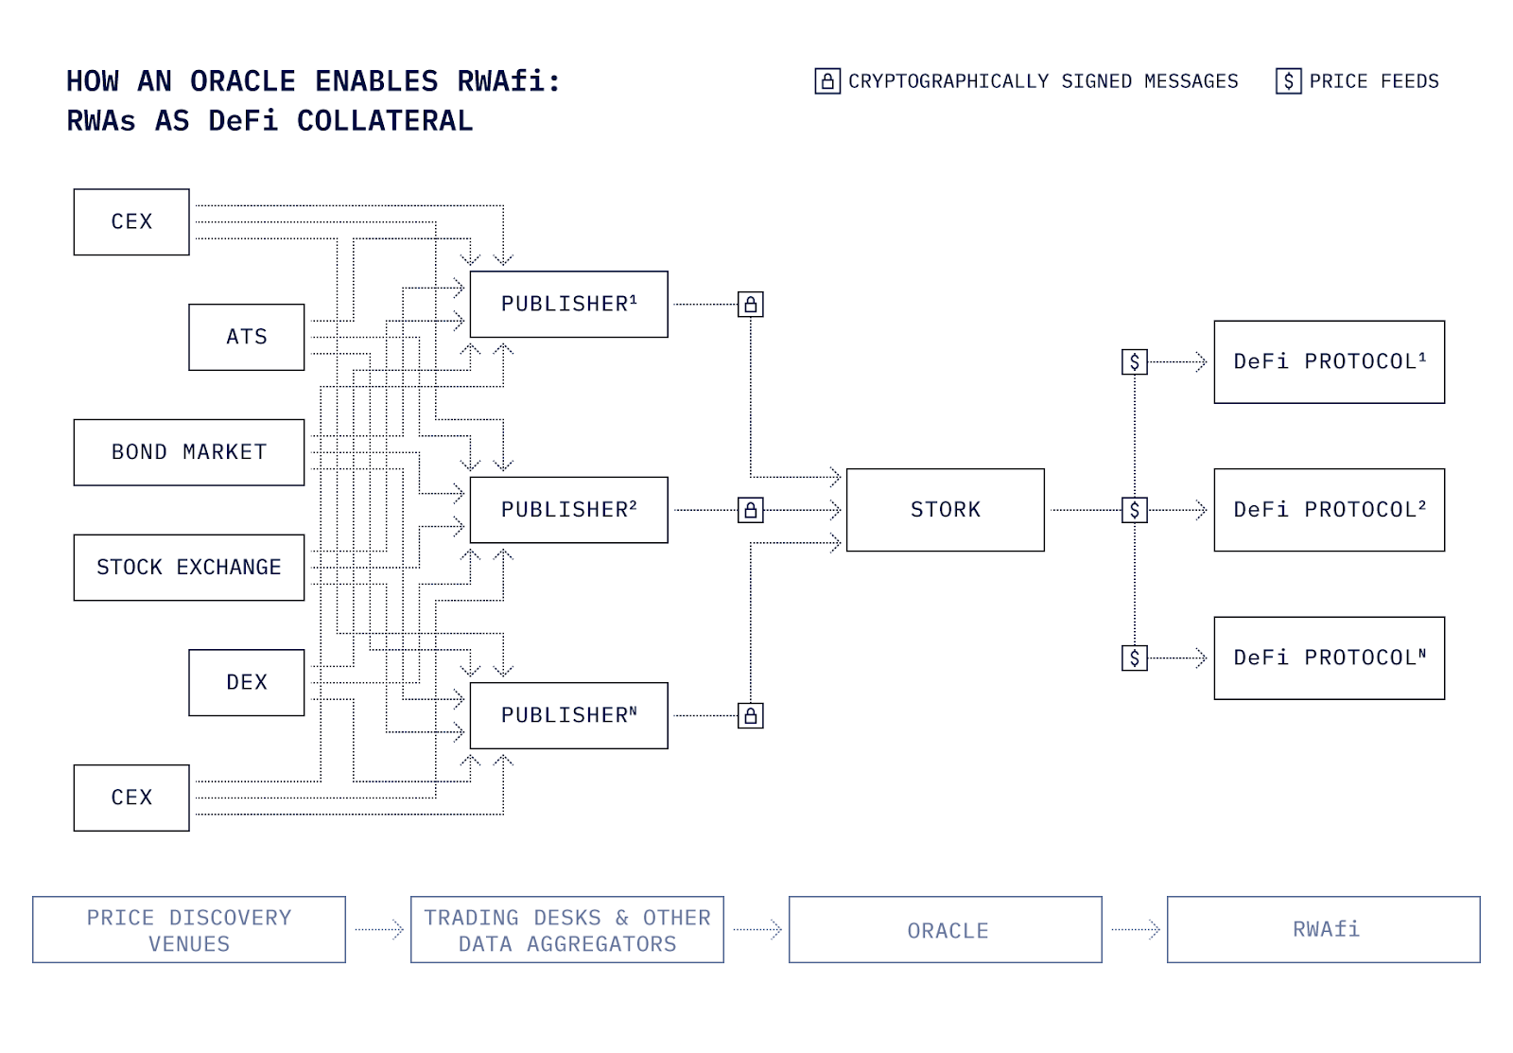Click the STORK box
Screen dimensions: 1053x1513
[945, 510]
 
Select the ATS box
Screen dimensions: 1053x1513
[247, 337]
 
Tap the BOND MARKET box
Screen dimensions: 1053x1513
[189, 452]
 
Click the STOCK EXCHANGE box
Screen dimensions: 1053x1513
[189, 568]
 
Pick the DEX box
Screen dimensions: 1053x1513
[247, 682]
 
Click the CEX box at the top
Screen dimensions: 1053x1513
[131, 221]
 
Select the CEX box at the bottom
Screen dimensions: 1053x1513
[131, 798]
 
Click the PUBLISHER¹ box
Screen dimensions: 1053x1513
[568, 304]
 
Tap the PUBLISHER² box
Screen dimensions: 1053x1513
[568, 510]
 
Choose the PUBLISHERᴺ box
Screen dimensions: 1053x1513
[568, 715]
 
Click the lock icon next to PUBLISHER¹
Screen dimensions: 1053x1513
[751, 305]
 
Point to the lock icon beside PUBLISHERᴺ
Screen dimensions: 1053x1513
[751, 716]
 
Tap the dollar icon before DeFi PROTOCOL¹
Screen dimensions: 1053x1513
[1135, 361]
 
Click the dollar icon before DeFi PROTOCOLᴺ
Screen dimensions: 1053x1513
[1135, 658]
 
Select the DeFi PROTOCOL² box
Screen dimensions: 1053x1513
[1329, 510]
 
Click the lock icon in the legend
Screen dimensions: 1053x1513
[827, 81]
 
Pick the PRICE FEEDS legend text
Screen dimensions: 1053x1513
[1373, 81]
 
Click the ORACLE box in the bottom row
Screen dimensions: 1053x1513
[946, 930]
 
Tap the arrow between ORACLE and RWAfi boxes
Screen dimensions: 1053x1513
[1136, 930]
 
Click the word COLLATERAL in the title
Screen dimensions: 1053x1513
[384, 121]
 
